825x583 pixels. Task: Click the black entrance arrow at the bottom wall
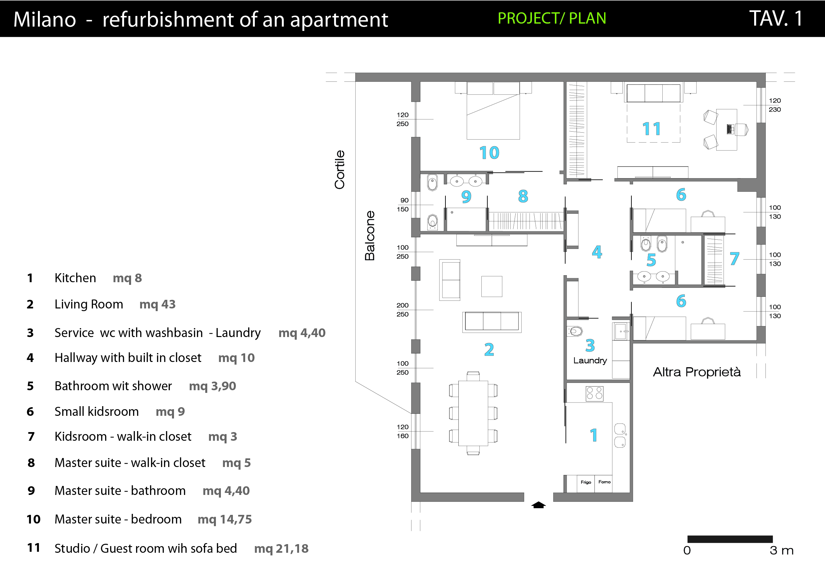pyautogui.click(x=538, y=505)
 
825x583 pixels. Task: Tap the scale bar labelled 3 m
pyautogui.click(x=730, y=539)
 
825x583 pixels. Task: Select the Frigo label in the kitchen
pyautogui.click(x=586, y=482)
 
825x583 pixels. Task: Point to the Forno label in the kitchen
pyautogui.click(x=604, y=482)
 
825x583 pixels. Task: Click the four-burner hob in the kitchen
pyautogui.click(x=594, y=394)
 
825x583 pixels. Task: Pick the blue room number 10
pyautogui.click(x=489, y=153)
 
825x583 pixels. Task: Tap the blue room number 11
pyautogui.click(x=651, y=129)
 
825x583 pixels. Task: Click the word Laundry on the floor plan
pyautogui.click(x=590, y=360)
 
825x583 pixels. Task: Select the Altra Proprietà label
pyautogui.click(x=697, y=372)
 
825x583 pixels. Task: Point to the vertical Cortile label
pyautogui.click(x=340, y=170)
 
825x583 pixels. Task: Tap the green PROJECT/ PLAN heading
pyautogui.click(x=552, y=18)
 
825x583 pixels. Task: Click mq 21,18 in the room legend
pyautogui.click(x=281, y=548)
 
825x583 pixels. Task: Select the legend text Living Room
pyautogui.click(x=89, y=304)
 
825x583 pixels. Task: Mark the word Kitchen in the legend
pyautogui.click(x=76, y=278)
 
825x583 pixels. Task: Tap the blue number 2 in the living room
pyautogui.click(x=489, y=349)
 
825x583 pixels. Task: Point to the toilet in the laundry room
pyautogui.click(x=575, y=331)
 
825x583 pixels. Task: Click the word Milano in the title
pyautogui.click(x=45, y=19)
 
